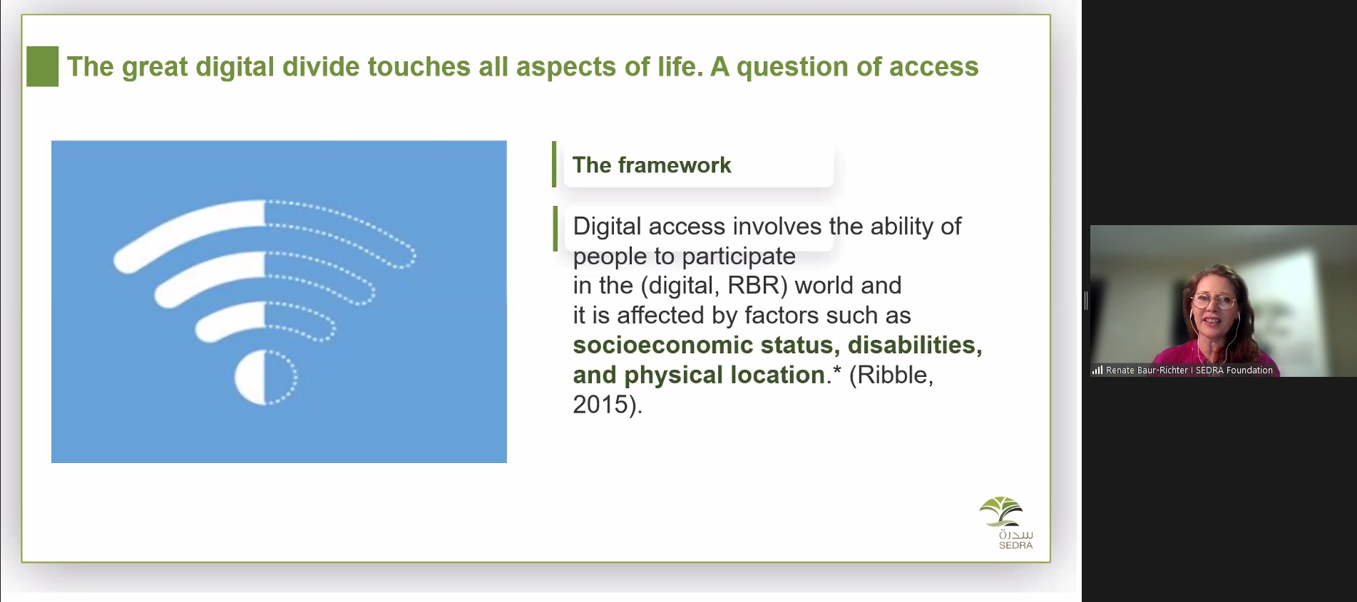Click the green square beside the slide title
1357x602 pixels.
pyautogui.click(x=42, y=66)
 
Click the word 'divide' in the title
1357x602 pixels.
pyautogui.click(x=321, y=67)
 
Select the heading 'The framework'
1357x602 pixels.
pyautogui.click(x=652, y=165)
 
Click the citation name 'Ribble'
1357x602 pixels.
pyautogui.click(x=891, y=375)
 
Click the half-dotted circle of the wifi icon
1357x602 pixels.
pyautogui.click(x=265, y=378)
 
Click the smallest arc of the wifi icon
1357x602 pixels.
pyautogui.click(x=265, y=320)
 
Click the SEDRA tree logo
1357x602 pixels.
pyautogui.click(x=1002, y=512)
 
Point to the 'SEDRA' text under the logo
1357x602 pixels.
pyautogui.click(x=1015, y=546)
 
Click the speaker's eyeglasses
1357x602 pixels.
pyautogui.click(x=1213, y=301)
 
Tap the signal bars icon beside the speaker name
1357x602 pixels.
pyautogui.click(x=1097, y=370)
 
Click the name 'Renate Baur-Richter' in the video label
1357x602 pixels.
pyautogui.click(x=1147, y=370)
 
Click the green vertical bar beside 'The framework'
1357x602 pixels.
pyautogui.click(x=554, y=165)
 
